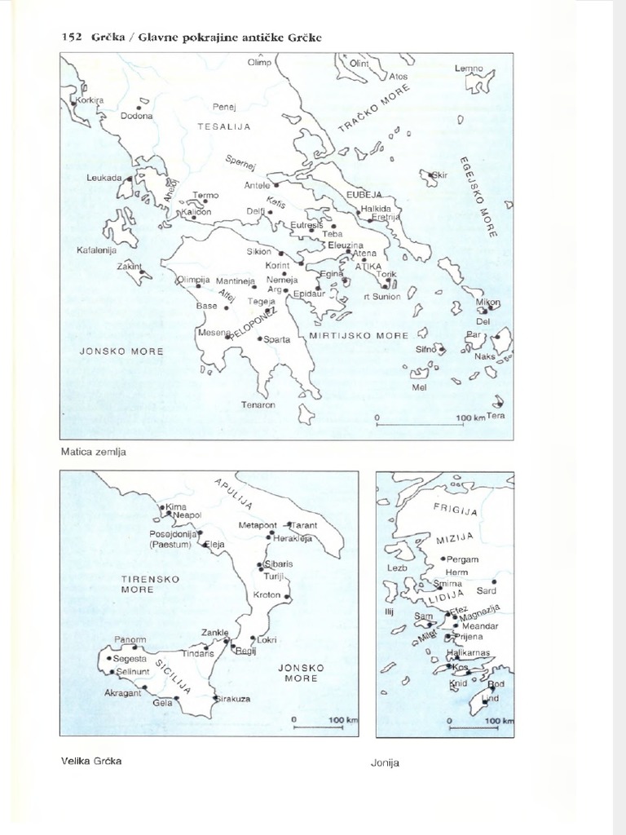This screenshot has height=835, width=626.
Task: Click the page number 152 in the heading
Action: (72, 38)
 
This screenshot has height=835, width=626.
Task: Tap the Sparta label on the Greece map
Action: (277, 340)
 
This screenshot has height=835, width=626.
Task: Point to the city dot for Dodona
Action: (139, 107)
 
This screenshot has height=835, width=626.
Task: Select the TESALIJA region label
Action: (223, 126)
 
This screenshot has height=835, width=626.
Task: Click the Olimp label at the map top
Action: (260, 62)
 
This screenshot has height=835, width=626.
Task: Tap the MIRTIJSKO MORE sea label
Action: (359, 335)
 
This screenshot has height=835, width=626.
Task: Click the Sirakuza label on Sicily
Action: (233, 699)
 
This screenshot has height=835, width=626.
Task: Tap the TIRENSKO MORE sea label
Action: (138, 583)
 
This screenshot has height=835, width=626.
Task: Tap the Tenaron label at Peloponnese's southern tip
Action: (258, 404)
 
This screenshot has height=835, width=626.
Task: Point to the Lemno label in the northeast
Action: (469, 68)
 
